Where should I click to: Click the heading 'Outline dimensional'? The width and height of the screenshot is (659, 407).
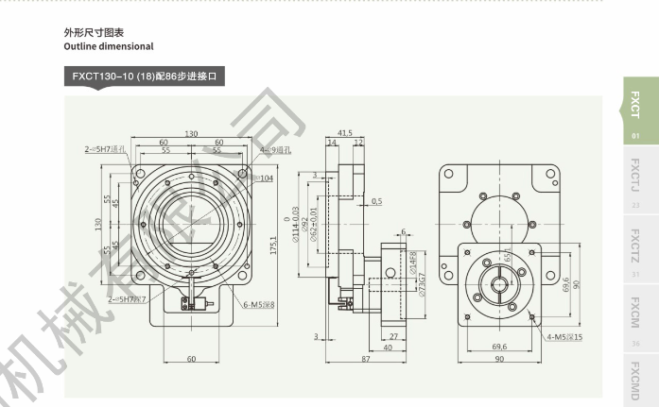(x=109, y=46)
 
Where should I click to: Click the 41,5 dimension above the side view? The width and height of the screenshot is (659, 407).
(x=344, y=133)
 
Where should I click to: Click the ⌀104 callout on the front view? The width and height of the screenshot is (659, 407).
(x=265, y=178)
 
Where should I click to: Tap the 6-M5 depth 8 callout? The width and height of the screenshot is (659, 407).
(x=258, y=304)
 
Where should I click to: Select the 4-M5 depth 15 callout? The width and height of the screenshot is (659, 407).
(x=565, y=336)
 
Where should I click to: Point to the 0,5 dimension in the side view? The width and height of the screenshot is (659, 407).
(x=376, y=201)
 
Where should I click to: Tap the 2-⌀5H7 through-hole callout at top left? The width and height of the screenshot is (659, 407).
(x=105, y=148)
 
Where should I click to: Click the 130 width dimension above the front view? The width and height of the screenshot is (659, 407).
(x=191, y=134)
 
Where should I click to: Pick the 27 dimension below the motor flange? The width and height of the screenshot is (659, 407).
(x=393, y=336)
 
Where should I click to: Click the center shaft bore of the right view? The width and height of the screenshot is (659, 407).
(x=498, y=282)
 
